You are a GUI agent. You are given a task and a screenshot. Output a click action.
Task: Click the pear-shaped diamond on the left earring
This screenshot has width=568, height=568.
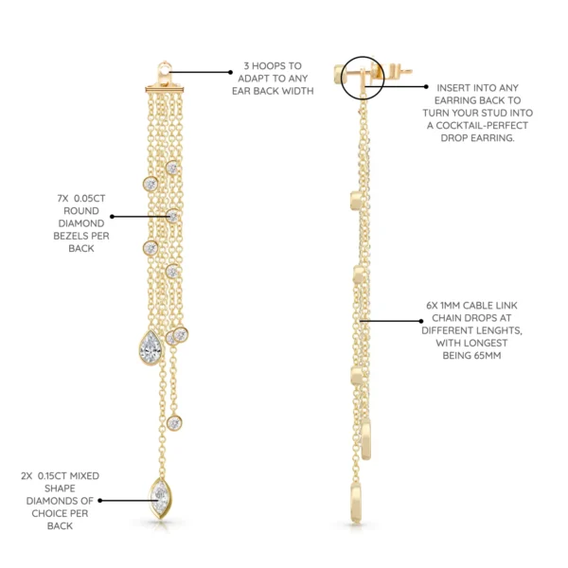pyautogui.click(x=151, y=347)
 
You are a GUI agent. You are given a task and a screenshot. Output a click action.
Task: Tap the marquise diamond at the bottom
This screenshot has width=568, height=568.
pyautogui.click(x=161, y=498)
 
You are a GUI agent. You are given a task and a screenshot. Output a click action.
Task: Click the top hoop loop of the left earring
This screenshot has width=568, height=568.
pyautogui.click(x=165, y=68)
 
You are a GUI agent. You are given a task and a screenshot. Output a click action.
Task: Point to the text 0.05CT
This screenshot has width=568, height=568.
pyautogui.click(x=90, y=199)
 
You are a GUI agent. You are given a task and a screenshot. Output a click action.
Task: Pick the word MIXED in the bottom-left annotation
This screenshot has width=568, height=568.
pyautogui.click(x=84, y=476)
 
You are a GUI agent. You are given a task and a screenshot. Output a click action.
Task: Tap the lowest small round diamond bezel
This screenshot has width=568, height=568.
pyautogui.click(x=174, y=423)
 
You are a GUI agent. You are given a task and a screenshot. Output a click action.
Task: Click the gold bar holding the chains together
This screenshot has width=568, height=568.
pyautogui.click(x=165, y=89)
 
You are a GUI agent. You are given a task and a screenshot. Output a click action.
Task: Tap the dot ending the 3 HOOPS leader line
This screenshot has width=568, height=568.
pyautogui.click(x=230, y=72)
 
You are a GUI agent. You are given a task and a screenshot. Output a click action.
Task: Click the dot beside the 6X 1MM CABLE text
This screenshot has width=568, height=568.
pyautogui.click(x=421, y=321)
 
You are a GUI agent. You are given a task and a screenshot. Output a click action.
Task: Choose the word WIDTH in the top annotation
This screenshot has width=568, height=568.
pyautogui.click(x=298, y=91)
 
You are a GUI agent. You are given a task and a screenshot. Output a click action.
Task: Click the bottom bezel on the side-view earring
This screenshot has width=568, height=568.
pyautogui.click(x=356, y=504)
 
